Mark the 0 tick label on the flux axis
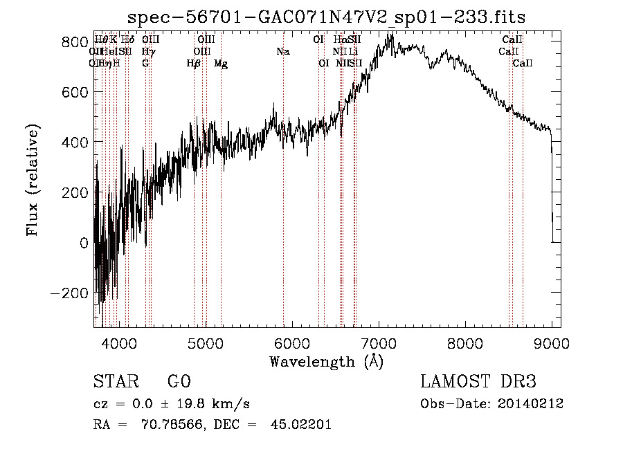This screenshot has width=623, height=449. pyautogui.click(x=84, y=243)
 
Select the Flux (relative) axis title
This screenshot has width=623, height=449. pyautogui.click(x=33, y=180)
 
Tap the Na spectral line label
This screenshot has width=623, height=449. pyautogui.click(x=282, y=52)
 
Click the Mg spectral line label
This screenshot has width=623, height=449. pyautogui.click(x=221, y=64)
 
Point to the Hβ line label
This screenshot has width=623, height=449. pyautogui.click(x=194, y=64)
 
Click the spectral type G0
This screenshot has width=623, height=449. pyautogui.click(x=179, y=382)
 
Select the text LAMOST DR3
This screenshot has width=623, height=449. pyautogui.click(x=478, y=382)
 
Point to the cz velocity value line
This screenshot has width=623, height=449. pyautogui.click(x=172, y=404)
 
